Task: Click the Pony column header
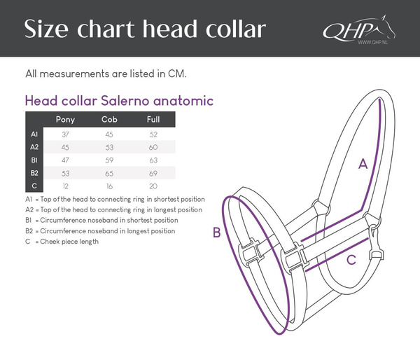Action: coord(65,119)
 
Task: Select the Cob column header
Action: coord(110,119)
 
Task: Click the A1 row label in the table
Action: coord(34,134)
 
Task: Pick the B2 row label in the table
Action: coord(34,173)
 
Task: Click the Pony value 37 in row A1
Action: coord(65,134)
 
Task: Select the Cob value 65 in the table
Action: coord(110,173)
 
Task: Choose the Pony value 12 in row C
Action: coord(65,186)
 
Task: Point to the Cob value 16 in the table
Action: coord(110,186)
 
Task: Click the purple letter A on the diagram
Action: coord(363,165)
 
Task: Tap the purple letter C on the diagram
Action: coord(351,260)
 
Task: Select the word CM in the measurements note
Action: coord(176,73)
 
